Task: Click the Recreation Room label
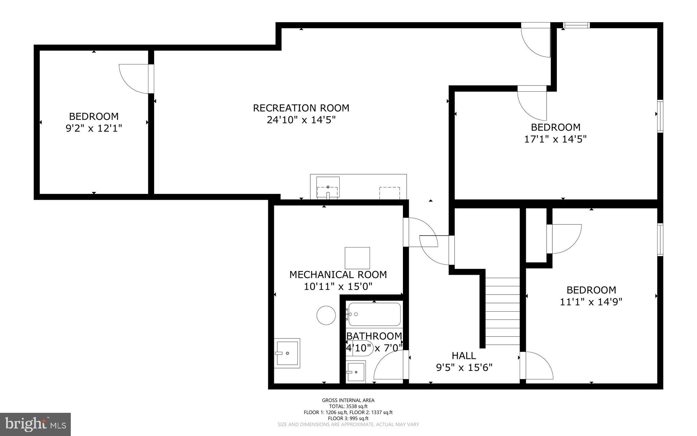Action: pos(301,108)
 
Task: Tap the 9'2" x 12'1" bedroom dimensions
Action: pos(94,129)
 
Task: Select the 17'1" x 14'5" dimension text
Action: pos(555,139)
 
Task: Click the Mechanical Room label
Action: pos(338,274)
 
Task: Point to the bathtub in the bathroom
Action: pos(374,314)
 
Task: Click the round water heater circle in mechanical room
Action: pos(326,315)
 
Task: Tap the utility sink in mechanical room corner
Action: pos(287,353)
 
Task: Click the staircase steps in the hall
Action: pos(502,312)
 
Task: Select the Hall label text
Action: pos(464,356)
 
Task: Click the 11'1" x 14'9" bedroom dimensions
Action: pos(591,302)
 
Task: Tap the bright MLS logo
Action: pos(35,424)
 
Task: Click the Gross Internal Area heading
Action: pos(348,400)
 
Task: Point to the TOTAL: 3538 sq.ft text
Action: pos(348,406)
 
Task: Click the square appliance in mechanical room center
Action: pos(357,258)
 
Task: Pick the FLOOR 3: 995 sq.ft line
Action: pos(348,418)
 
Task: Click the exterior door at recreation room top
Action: pos(535,40)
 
